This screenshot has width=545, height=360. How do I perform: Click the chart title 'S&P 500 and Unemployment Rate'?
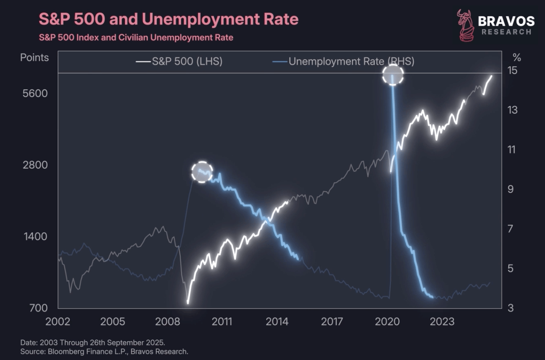click(x=169, y=19)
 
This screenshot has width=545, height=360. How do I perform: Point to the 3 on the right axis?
click(x=510, y=308)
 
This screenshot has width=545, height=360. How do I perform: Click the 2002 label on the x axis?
click(x=58, y=321)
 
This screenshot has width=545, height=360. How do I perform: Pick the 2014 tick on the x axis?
click(x=278, y=321)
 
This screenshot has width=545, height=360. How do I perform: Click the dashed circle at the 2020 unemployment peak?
click(x=393, y=75)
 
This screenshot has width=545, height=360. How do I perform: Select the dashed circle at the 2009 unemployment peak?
click(x=202, y=172)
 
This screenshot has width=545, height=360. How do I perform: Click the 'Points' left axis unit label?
click(x=34, y=57)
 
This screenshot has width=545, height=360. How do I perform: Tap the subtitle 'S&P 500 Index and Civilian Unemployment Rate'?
click(x=136, y=37)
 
